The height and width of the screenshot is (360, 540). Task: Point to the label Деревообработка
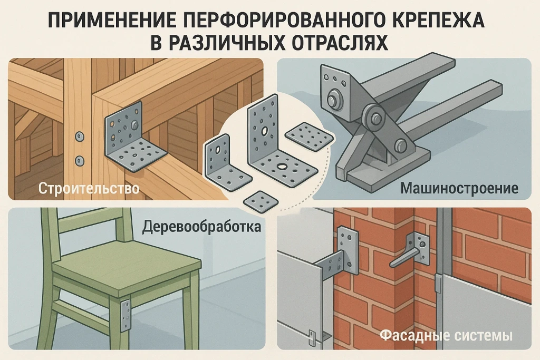coord(201,227)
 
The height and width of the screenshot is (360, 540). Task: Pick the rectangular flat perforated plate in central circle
coord(310,136)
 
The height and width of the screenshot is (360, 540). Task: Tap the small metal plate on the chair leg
coord(125,315)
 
